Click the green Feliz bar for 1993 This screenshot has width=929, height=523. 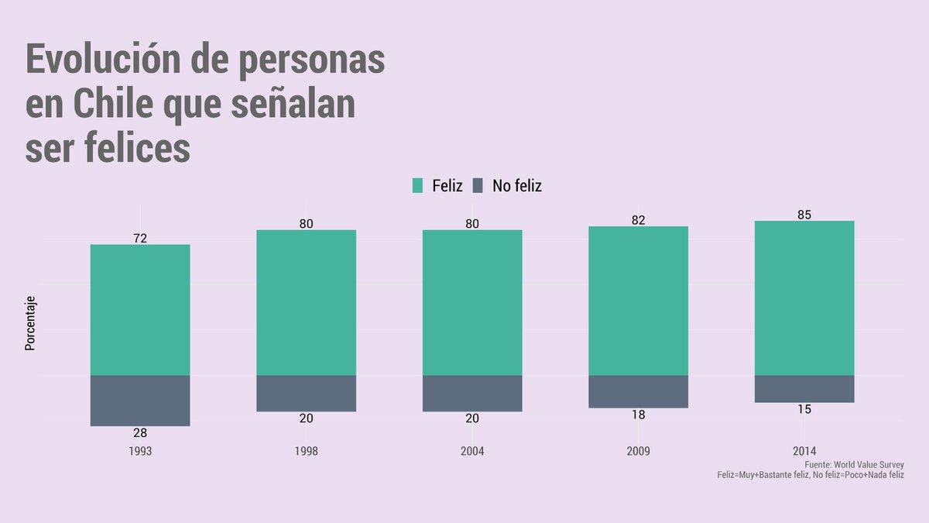140,310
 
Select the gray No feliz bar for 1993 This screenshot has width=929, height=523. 140,401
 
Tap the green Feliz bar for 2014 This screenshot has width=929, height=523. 804,298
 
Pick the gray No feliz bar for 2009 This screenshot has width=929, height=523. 638,391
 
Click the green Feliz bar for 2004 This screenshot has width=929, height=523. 472,302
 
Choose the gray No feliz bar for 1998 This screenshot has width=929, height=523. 306,393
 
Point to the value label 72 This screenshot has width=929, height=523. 140,239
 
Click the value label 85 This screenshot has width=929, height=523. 804,215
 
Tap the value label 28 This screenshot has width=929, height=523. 140,433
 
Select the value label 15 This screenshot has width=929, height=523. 804,409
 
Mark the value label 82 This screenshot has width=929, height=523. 638,220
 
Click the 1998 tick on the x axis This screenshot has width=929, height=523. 306,451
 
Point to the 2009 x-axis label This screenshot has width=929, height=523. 638,451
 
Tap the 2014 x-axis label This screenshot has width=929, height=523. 804,451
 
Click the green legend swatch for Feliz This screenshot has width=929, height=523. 418,185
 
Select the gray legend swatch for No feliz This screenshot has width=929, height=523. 478,185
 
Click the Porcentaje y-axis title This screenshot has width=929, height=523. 30,324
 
